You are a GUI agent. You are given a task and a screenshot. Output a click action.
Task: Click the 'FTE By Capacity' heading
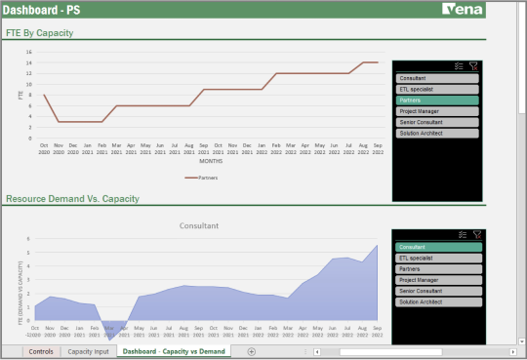pyautogui.click(x=40, y=33)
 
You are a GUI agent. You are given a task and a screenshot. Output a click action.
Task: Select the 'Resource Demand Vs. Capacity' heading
pyautogui.click(x=72, y=198)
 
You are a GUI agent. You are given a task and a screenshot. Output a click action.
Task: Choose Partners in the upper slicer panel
pyautogui.click(x=437, y=100)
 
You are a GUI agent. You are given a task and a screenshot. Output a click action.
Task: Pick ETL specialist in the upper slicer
pyautogui.click(x=437, y=89)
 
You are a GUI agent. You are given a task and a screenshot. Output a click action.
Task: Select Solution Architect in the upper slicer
pyautogui.click(x=437, y=133)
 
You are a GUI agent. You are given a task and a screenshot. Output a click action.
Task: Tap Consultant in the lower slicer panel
pyautogui.click(x=437, y=246)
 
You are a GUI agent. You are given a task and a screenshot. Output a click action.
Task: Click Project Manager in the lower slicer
pyautogui.click(x=437, y=279)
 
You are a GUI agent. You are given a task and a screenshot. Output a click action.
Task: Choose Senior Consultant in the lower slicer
pyautogui.click(x=437, y=291)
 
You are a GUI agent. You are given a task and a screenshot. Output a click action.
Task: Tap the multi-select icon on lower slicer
pyautogui.click(x=460, y=234)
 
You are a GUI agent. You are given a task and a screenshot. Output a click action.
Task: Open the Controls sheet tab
pyautogui.click(x=41, y=351)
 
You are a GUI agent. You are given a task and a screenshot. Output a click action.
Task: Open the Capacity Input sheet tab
pyautogui.click(x=88, y=351)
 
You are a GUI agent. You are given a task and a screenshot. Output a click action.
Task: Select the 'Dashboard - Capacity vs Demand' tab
pyautogui.click(x=174, y=351)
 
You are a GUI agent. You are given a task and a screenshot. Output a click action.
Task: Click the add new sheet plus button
pyautogui.click(x=251, y=351)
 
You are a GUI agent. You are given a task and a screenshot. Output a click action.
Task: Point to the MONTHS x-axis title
pyautogui.click(x=212, y=161)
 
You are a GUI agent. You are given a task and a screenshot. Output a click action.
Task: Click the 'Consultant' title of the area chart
pyautogui.click(x=199, y=225)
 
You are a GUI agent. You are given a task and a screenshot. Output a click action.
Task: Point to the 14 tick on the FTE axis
pyautogui.click(x=30, y=62)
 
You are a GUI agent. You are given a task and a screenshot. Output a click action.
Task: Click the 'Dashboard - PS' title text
pyautogui.click(x=40, y=10)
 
